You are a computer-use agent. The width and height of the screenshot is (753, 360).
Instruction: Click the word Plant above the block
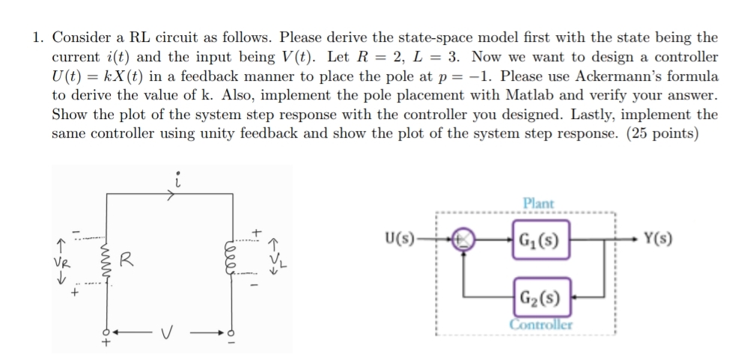538,203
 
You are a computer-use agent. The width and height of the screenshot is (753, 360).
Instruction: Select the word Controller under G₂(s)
541,324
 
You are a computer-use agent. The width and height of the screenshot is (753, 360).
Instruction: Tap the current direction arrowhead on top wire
173,198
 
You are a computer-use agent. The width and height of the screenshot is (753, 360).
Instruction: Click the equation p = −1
463,76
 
